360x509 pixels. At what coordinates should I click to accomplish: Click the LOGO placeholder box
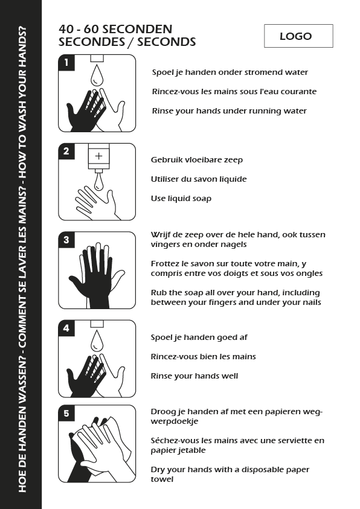coord(298,36)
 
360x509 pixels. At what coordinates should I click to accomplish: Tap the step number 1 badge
coord(66,62)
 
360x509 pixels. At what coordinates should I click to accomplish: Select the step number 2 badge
coord(66,151)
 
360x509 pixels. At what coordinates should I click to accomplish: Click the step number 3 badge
coord(66,240)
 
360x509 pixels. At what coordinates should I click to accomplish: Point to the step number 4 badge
coord(66,328)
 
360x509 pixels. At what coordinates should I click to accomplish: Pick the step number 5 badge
coord(66,413)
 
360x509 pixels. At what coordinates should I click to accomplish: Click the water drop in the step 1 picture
coord(97,75)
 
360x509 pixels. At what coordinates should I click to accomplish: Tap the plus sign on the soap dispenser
coord(98,156)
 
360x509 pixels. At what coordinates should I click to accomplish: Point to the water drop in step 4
coord(97,341)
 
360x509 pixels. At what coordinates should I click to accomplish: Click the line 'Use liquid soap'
coord(181,198)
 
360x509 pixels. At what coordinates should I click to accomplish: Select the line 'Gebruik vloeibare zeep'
coord(197,160)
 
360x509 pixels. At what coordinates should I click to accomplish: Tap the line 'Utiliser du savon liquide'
coord(199,179)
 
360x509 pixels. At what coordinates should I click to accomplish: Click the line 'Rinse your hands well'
coord(194,376)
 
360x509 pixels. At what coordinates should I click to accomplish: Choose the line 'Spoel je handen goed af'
coord(199,338)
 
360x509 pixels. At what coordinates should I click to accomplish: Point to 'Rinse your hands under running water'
coord(230,111)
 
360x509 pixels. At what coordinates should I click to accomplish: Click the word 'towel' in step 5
coord(162,479)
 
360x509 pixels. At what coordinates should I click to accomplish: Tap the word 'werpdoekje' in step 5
coord(175,421)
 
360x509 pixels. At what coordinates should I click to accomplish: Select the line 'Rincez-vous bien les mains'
coord(203,357)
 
